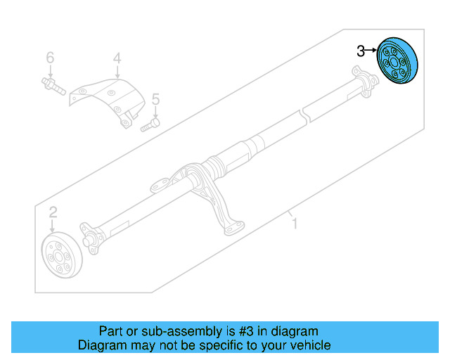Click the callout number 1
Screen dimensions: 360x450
click(x=295, y=224)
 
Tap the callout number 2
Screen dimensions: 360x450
click(x=53, y=212)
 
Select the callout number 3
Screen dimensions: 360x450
click(x=361, y=51)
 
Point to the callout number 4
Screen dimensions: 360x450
click(x=117, y=58)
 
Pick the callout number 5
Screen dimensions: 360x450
click(x=155, y=99)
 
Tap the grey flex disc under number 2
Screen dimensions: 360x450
click(x=62, y=256)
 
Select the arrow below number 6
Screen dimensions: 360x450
click(x=50, y=71)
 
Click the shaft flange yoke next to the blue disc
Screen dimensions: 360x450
click(x=364, y=79)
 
